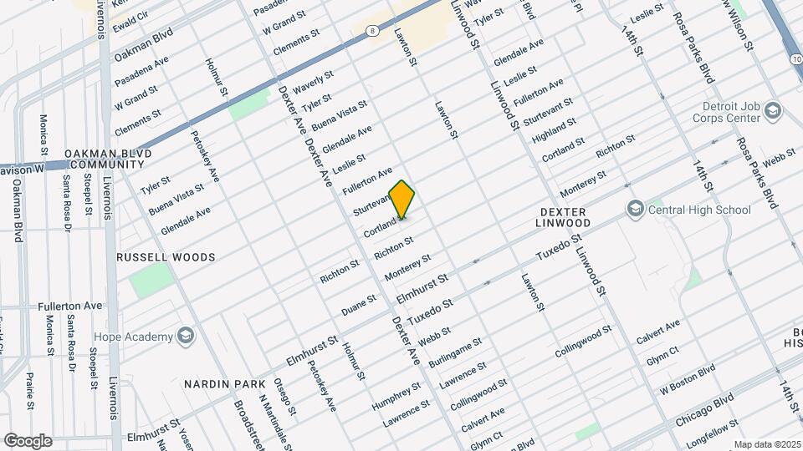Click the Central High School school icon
[635, 209]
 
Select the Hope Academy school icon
[185, 337]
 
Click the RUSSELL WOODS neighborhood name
[166, 257]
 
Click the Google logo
[28, 440]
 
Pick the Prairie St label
[29, 389]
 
